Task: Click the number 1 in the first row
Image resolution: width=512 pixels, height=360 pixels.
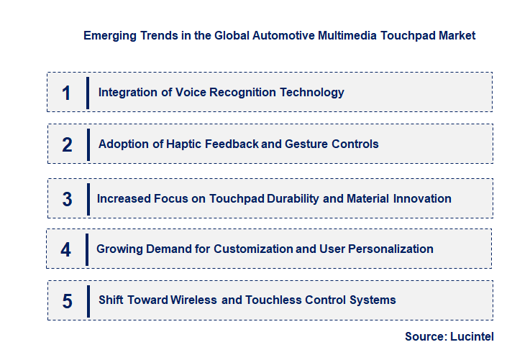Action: pyautogui.click(x=67, y=93)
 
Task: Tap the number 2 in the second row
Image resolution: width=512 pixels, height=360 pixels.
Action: pyautogui.click(x=67, y=144)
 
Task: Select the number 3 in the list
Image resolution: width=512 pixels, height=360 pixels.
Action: pyautogui.click(x=67, y=199)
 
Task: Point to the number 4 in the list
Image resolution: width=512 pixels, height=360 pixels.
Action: pyautogui.click(x=66, y=249)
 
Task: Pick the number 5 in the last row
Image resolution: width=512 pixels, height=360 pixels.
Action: pyautogui.click(x=67, y=300)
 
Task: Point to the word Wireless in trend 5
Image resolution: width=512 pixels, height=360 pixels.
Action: pyautogui.click(x=193, y=300)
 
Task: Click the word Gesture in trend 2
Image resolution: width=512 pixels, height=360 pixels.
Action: pyautogui.click(x=306, y=144)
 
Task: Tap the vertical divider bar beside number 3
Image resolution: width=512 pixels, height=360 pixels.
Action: pyautogui.click(x=87, y=198)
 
